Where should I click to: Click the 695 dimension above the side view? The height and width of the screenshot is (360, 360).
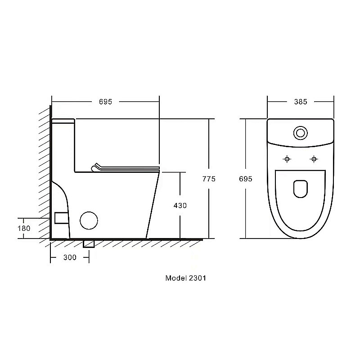coord(105,102)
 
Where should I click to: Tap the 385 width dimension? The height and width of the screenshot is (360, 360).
coord(301,102)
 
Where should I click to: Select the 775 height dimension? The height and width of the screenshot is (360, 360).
coord(209,179)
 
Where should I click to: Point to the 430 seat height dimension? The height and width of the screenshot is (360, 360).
coord(180,206)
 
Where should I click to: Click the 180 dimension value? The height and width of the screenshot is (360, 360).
coord(24,228)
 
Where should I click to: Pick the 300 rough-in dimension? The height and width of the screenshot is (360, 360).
coord(70,257)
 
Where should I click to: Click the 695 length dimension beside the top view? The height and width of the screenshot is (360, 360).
coord(245,179)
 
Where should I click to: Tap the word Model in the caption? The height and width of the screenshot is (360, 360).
coord(176,278)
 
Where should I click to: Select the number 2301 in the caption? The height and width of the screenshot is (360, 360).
coord(198,278)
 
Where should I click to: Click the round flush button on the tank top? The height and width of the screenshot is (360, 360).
coord(300,133)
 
